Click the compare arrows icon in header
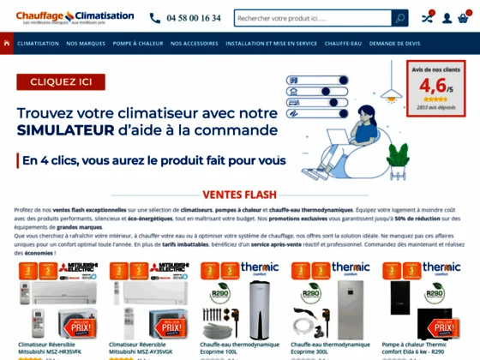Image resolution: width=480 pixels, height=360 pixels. point(426,18)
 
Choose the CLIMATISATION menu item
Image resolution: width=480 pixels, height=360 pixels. point(38,43)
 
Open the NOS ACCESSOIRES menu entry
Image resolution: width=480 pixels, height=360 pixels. point(195,43)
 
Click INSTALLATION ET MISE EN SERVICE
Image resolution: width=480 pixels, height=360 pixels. point(270,43)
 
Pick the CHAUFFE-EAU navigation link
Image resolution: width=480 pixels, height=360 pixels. point(346,43)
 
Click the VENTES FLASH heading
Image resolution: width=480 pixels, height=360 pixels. point(239,195)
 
